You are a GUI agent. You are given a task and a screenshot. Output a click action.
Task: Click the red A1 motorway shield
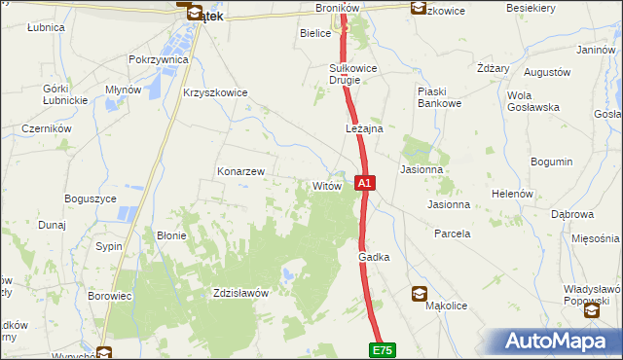pos(364,182)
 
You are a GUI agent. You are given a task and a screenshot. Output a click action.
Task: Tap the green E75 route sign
pos(383,349)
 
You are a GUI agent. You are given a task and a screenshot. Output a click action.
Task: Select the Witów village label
pos(325,186)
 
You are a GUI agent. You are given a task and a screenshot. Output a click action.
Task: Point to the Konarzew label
pos(240,171)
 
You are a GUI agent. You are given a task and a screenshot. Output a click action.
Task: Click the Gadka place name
pos(374,257)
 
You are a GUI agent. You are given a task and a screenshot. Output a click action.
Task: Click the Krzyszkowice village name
pos(215,93)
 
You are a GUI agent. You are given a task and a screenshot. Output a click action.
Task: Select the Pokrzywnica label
pos(158,59)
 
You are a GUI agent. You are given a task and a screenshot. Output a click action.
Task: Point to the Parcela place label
pos(453,234)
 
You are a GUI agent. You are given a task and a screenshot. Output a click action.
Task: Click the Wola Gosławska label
pos(533,101)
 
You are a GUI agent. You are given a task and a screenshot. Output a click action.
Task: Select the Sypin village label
pos(109,246)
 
